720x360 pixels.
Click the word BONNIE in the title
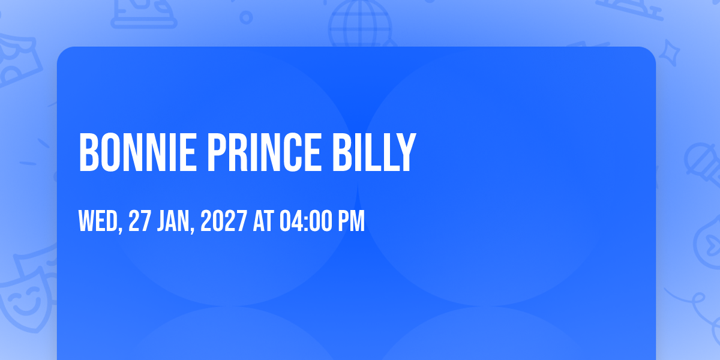[137, 152]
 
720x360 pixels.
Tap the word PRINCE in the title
[265, 152]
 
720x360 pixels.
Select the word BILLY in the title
[374, 152]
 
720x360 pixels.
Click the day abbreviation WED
[98, 221]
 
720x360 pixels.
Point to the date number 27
[139, 221]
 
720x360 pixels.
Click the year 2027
[224, 221]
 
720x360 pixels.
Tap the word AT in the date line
[263, 221]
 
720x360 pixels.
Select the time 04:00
[305, 221]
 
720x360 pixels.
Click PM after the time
[352, 221]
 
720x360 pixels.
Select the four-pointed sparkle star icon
[670, 53]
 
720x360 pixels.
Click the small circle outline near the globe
[246, 17]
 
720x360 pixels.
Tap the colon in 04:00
[306, 223]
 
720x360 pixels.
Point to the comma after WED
[121, 229]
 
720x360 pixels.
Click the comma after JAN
[192, 229]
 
